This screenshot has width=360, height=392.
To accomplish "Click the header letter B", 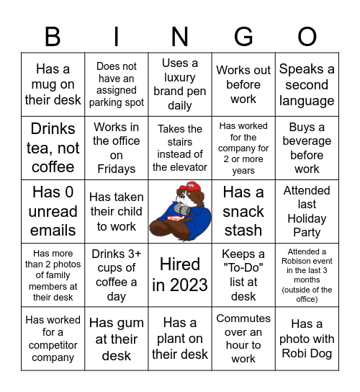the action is click(53, 36).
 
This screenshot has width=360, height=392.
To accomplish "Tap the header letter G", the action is click(243, 36).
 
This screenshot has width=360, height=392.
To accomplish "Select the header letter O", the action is click(307, 36).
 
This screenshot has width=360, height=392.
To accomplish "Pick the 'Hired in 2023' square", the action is click(180, 275).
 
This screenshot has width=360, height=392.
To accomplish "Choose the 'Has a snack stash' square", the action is click(243, 211).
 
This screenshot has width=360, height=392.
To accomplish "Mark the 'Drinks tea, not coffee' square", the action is click(53, 148).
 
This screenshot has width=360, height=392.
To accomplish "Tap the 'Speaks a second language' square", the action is click(307, 85).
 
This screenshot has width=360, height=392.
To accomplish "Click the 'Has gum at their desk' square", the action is click(116, 339).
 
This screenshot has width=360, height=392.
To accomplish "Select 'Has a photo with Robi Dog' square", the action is click(307, 339).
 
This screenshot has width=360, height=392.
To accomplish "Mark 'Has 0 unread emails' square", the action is click(53, 211).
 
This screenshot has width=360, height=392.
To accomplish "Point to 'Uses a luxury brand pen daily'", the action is click(180, 85).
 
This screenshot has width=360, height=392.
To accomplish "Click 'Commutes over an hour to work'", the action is click(243, 339).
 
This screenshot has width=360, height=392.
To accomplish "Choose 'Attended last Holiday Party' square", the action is click(307, 211).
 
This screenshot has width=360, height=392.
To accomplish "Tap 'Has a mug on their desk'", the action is click(53, 85).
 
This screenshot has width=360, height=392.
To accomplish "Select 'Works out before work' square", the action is click(243, 85).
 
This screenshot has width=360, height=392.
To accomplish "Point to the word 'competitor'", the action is click(53, 344).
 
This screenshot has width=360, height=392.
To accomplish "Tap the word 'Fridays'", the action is click(116, 169).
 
